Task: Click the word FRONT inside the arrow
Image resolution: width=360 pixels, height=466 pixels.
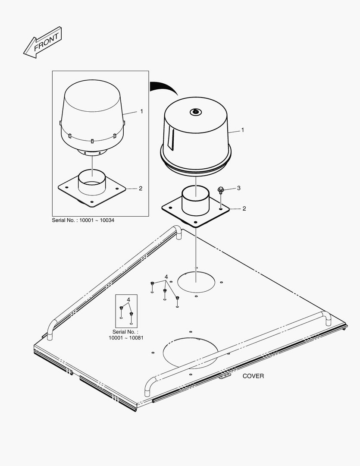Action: pyautogui.click(x=46, y=42)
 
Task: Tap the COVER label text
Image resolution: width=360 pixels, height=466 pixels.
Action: pyautogui.click(x=253, y=376)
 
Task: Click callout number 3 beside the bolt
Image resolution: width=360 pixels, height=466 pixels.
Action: pyautogui.click(x=238, y=188)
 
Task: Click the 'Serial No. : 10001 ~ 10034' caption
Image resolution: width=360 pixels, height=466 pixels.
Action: pyautogui.click(x=83, y=220)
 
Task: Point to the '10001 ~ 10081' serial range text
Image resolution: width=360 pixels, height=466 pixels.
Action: pyautogui.click(x=126, y=337)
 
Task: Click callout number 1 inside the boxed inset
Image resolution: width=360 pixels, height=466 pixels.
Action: pyautogui.click(x=142, y=111)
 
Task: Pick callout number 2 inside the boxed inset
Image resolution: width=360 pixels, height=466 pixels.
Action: pyautogui.click(x=141, y=189)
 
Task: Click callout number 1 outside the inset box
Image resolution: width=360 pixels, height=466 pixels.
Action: pyautogui.click(x=242, y=130)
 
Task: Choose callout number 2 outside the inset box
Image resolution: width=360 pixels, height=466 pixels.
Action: pyautogui.click(x=244, y=209)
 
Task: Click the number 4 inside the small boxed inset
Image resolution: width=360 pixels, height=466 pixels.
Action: pyautogui.click(x=128, y=299)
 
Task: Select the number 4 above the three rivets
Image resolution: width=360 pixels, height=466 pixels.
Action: pyautogui.click(x=166, y=277)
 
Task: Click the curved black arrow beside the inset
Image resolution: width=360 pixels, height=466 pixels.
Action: pyautogui.click(x=164, y=88)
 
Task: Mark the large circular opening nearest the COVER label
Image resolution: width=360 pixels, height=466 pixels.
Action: pyautogui.click(x=191, y=353)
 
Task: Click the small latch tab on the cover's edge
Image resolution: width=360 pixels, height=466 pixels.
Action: pyautogui.click(x=225, y=377)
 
